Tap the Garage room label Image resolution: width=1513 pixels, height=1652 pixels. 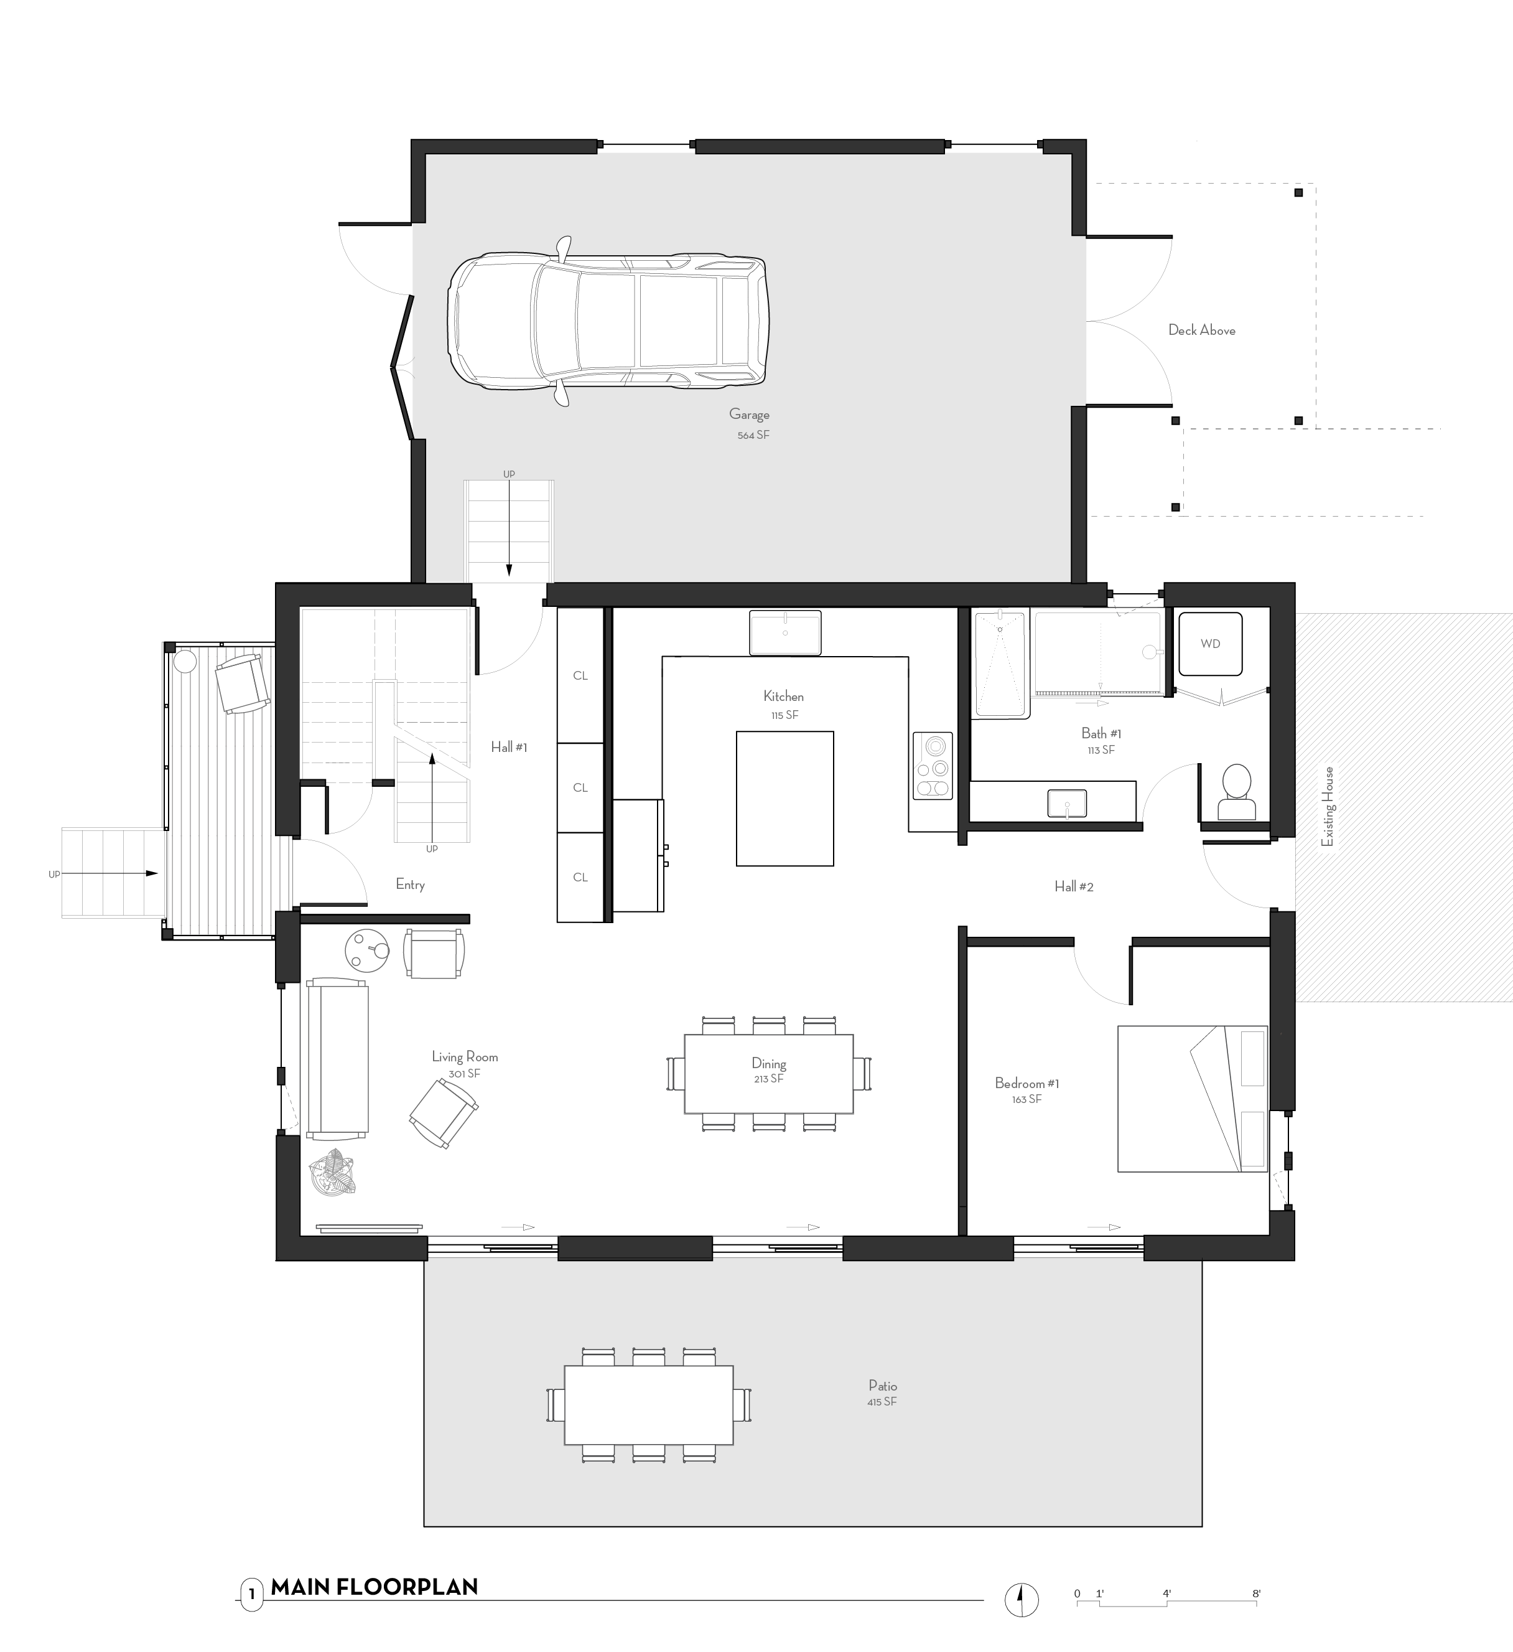pyautogui.click(x=748, y=415)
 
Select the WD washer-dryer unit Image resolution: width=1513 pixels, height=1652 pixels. pyautogui.click(x=1210, y=643)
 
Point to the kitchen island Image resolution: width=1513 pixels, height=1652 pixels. pyautogui.click(x=784, y=798)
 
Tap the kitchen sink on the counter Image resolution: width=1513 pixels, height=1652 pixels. pyautogui.click(x=784, y=632)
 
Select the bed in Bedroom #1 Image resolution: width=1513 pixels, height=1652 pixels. pyautogui.click(x=1192, y=1098)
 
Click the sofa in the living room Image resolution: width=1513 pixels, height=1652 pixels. pyautogui.click(x=337, y=1058)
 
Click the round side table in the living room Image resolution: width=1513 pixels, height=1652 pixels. pyautogui.click(x=366, y=950)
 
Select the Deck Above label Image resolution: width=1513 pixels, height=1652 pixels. pyautogui.click(x=1201, y=331)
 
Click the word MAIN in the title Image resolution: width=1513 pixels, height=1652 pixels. pyautogui.click(x=300, y=1587)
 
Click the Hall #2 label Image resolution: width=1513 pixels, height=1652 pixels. pyautogui.click(x=1073, y=886)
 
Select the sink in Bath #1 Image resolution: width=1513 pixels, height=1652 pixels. pyautogui.click(x=1066, y=803)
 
